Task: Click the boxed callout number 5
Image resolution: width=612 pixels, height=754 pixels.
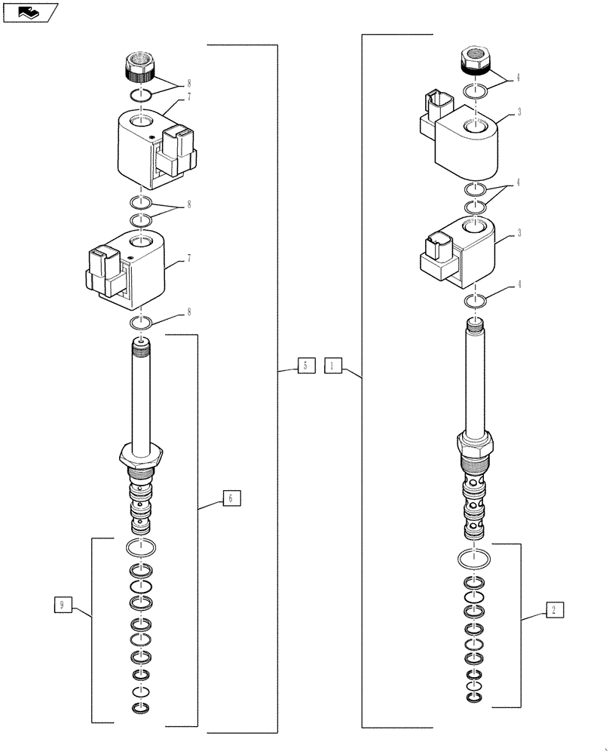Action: (x=305, y=366)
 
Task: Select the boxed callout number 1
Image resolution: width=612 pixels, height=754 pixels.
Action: (x=334, y=366)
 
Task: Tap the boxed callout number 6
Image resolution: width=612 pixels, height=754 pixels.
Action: (x=231, y=498)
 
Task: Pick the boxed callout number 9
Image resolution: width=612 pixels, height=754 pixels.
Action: (x=64, y=605)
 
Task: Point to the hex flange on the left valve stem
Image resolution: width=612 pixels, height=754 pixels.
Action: (x=140, y=455)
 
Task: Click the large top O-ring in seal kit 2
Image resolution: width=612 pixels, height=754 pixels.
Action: (x=475, y=560)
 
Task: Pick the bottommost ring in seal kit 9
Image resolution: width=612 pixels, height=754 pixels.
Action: (x=140, y=707)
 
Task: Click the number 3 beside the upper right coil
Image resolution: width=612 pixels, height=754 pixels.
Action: (x=519, y=112)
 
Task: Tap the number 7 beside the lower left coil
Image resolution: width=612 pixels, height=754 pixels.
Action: (x=188, y=258)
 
